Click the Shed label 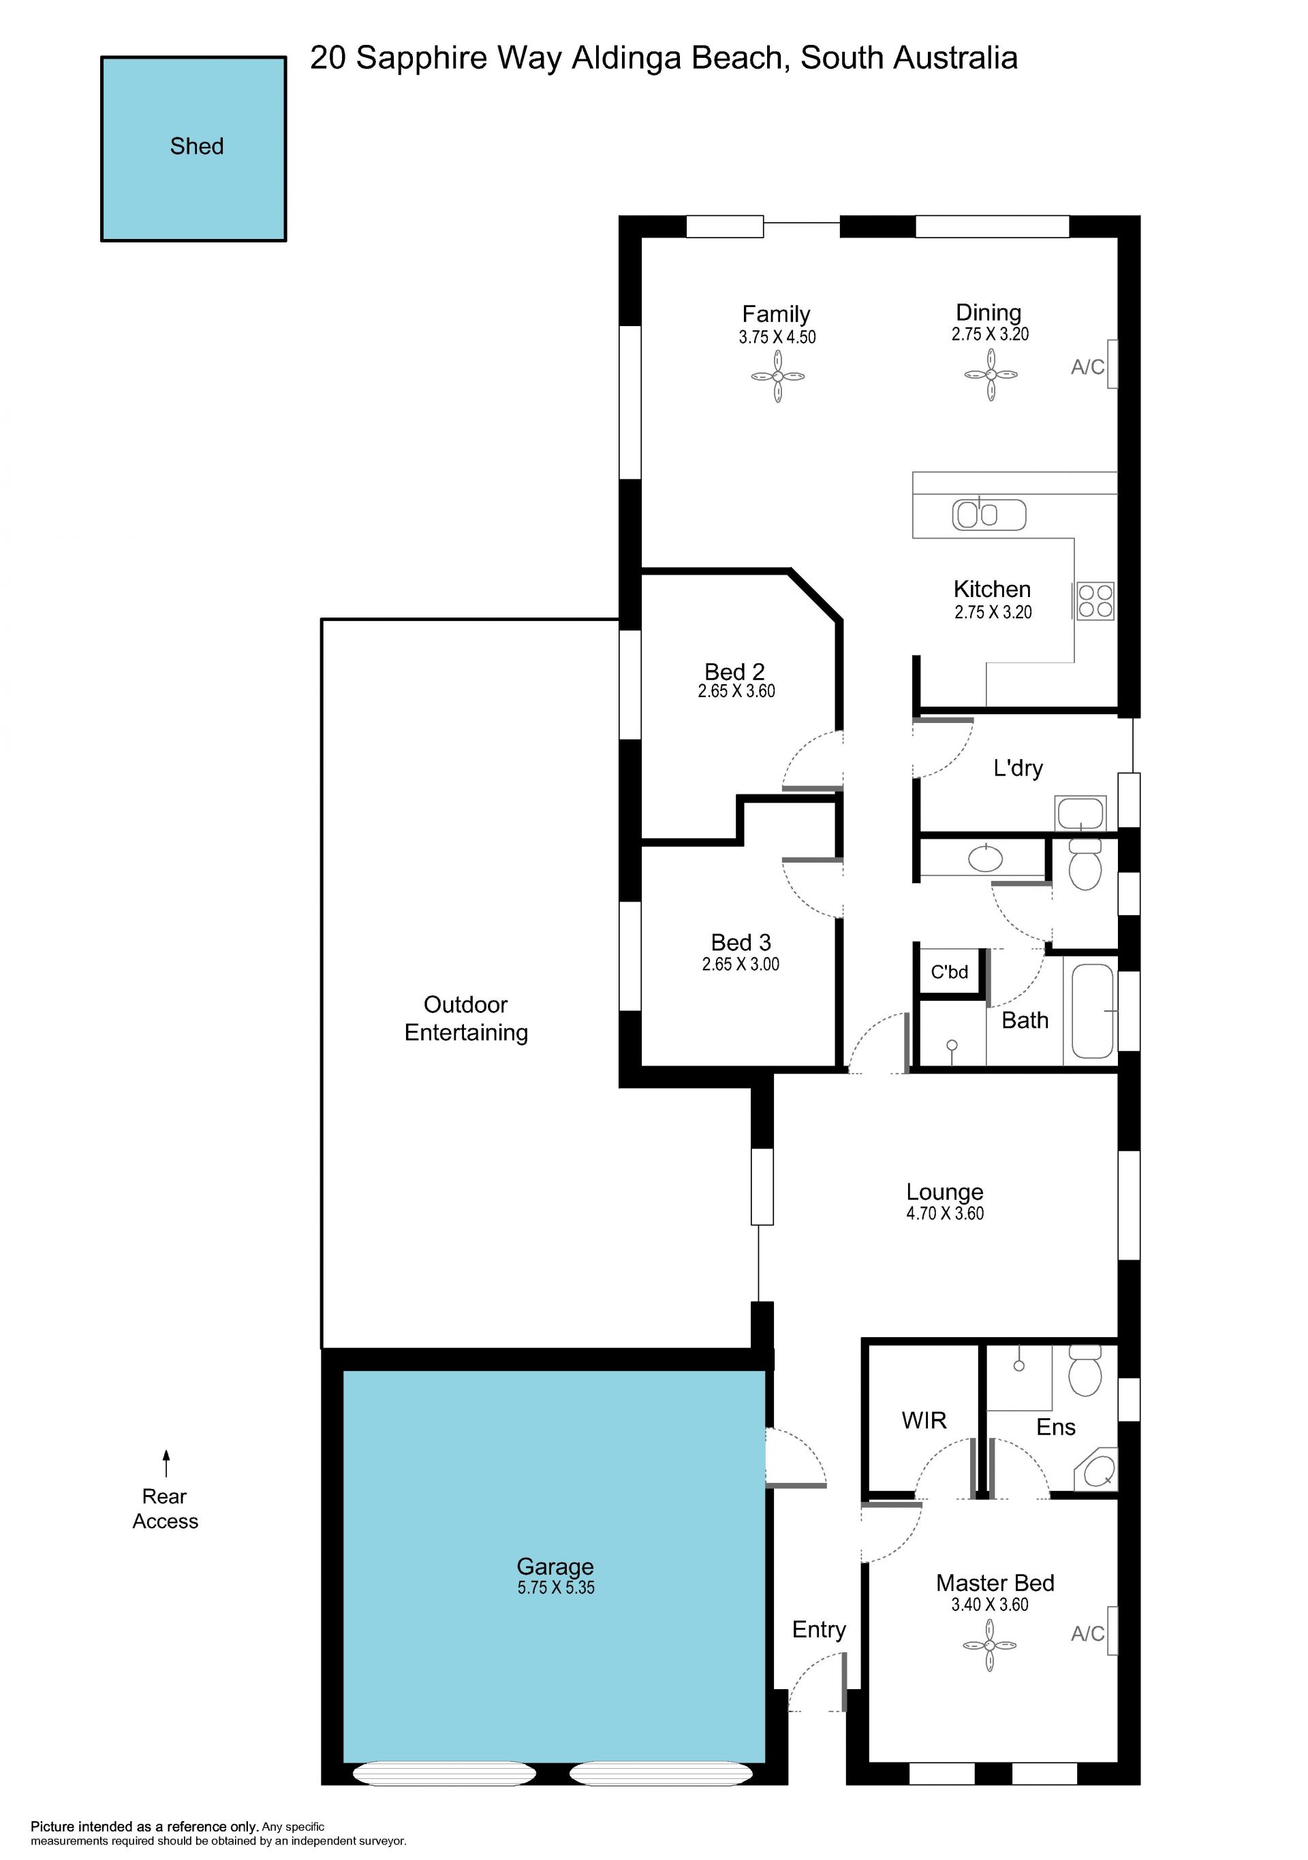pyautogui.click(x=196, y=146)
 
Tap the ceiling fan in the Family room pyautogui.click(x=777, y=376)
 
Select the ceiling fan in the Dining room pyautogui.click(x=991, y=374)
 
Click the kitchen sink pyautogui.click(x=988, y=515)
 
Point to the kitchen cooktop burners pyautogui.click(x=1095, y=601)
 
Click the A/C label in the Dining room pyautogui.click(x=1087, y=367)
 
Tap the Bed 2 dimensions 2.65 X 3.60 pyautogui.click(x=736, y=691)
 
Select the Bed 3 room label pyautogui.click(x=741, y=942)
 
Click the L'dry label pyautogui.click(x=1018, y=768)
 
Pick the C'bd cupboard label pyautogui.click(x=949, y=972)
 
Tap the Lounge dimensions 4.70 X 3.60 pyautogui.click(x=945, y=1213)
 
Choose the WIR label pyautogui.click(x=924, y=1420)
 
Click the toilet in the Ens pyautogui.click(x=1085, y=1370)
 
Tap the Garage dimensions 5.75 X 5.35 pyautogui.click(x=556, y=1588)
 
